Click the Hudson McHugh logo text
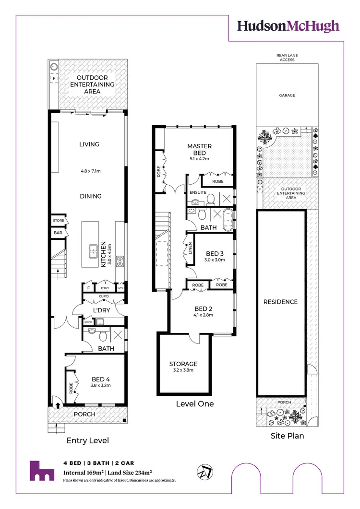click(x=288, y=26)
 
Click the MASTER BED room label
click(x=200, y=149)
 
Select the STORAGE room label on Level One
click(x=183, y=364)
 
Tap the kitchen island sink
click(x=93, y=249)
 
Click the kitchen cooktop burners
click(x=120, y=261)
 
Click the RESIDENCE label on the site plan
click(x=281, y=302)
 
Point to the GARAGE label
click(x=287, y=95)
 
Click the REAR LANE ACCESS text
click(x=287, y=58)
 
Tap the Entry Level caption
click(x=87, y=440)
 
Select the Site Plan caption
click(x=287, y=436)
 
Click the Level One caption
click(x=194, y=403)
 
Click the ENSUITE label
click(x=198, y=192)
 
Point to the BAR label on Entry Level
click(x=58, y=233)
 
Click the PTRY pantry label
click(x=105, y=288)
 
